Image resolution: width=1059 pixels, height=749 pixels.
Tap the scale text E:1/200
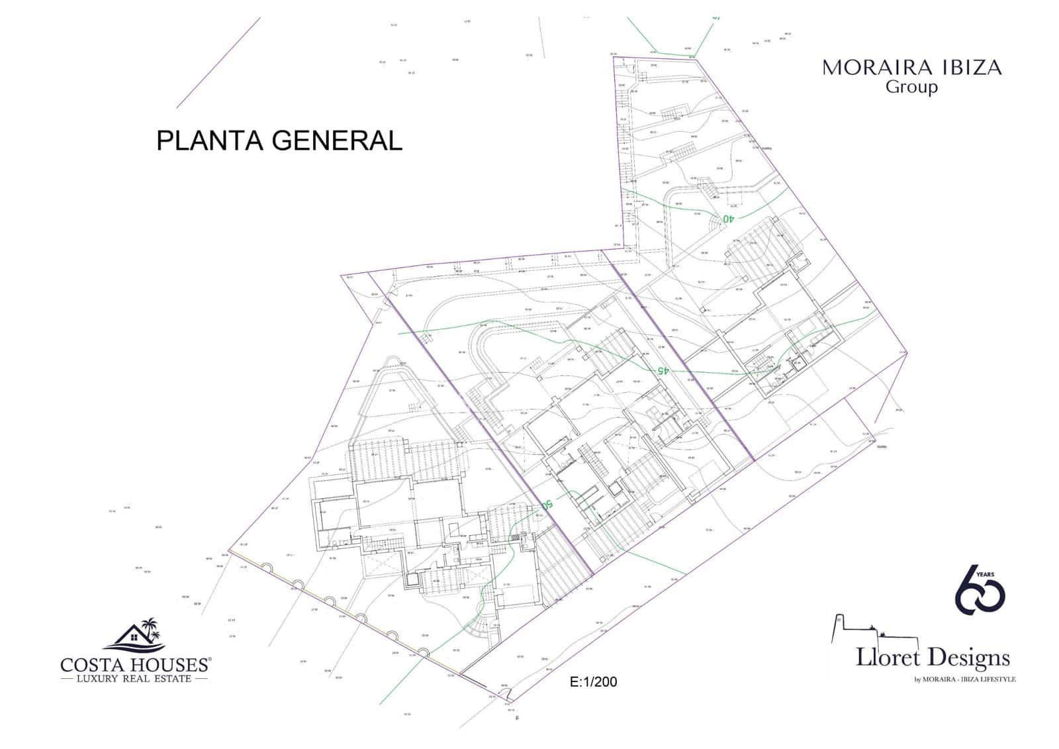tap(593, 681)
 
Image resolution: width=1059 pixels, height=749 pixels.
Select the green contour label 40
tap(728, 218)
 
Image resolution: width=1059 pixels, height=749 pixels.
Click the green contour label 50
tap(547, 505)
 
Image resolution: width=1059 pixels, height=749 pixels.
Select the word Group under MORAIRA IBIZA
tap(911, 87)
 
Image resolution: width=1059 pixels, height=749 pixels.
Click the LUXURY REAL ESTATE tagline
tap(134, 679)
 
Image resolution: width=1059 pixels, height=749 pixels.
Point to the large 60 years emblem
tap(979, 589)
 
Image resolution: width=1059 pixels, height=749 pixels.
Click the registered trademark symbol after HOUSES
tap(210, 660)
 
